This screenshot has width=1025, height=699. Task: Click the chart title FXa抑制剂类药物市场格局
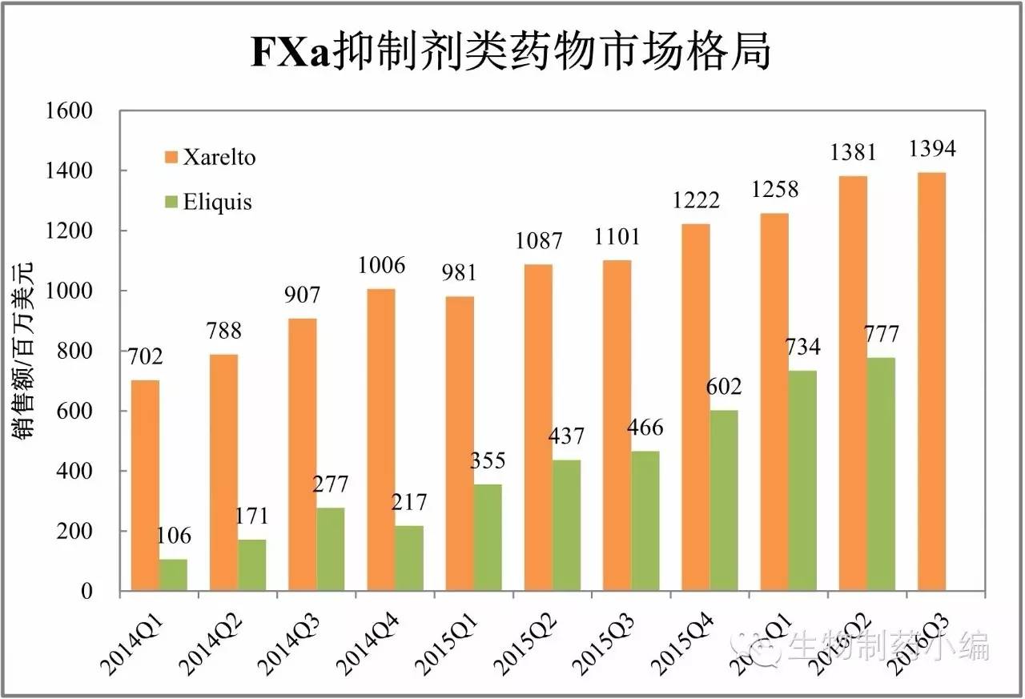tap(511, 54)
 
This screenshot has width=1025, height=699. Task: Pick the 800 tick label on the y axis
tap(77, 352)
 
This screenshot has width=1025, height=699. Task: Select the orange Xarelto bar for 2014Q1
tap(145, 485)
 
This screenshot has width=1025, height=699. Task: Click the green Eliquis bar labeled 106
tap(173, 575)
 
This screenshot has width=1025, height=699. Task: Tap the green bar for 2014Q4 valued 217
tap(409, 558)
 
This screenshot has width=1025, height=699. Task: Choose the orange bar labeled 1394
tap(931, 382)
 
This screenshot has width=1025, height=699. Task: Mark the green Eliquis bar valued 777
tap(881, 474)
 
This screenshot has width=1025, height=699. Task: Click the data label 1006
tap(381, 265)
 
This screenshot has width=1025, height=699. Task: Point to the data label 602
tap(724, 387)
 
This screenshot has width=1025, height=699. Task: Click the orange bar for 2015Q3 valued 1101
tap(617, 425)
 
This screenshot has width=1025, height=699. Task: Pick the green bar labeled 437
tap(566, 525)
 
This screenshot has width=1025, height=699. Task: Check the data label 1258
tap(774, 191)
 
